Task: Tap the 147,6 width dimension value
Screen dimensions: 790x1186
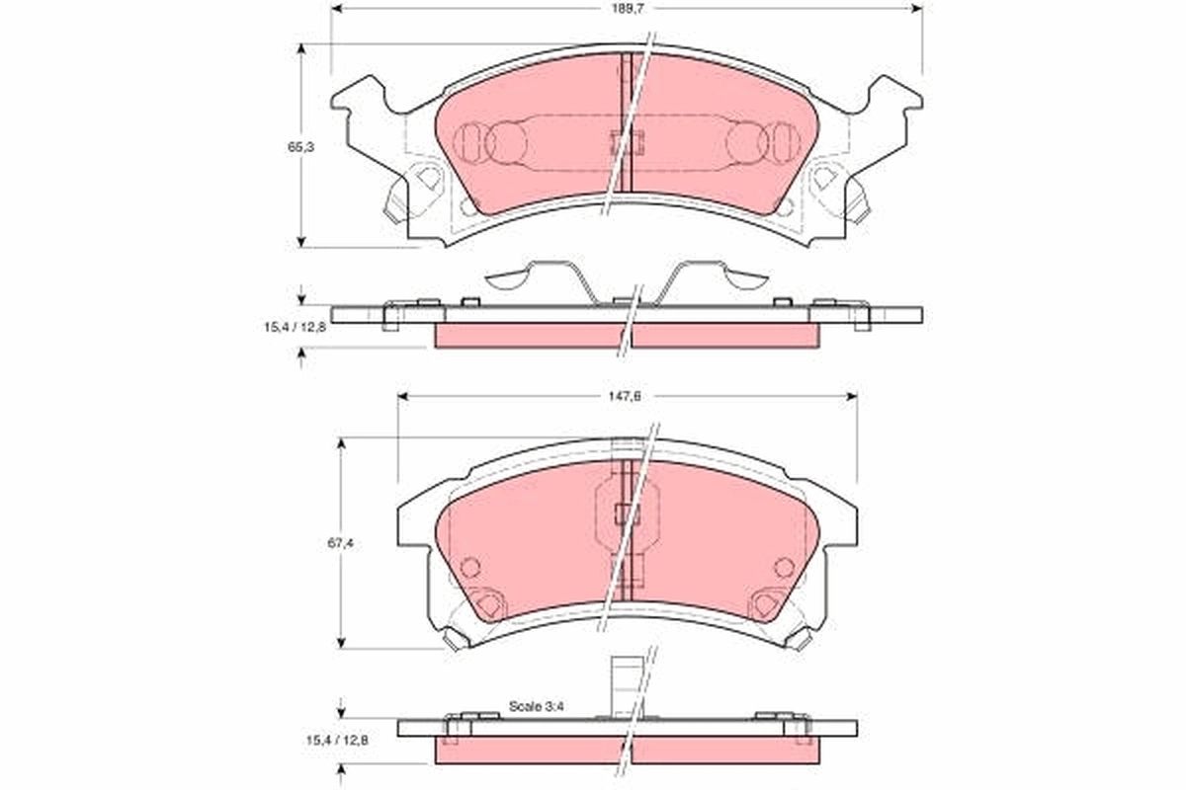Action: (x=627, y=396)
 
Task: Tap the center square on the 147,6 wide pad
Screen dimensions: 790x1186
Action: (x=627, y=513)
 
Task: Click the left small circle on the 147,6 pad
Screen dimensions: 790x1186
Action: (x=470, y=567)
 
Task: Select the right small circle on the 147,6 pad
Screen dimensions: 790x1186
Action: (x=784, y=567)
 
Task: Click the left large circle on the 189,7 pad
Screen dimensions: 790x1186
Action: (x=506, y=142)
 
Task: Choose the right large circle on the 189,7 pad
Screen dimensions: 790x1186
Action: (x=747, y=142)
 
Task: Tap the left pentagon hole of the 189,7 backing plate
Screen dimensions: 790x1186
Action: (x=427, y=179)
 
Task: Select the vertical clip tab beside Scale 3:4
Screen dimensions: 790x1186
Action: (x=624, y=687)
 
